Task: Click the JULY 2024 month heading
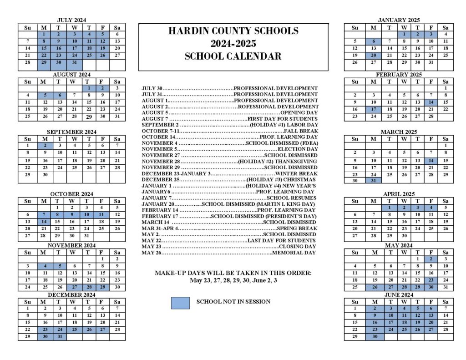coord(72,20)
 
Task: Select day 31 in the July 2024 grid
coord(75,62)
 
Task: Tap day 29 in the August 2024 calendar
coord(89,117)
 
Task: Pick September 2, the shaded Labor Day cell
coord(45,146)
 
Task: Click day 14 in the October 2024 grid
coord(44,222)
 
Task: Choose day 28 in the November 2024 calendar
coord(89,287)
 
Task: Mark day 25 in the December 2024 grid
coord(74,329)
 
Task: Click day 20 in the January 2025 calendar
coord(373,55)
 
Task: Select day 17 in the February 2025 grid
coord(373,109)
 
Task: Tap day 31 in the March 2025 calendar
coord(373,181)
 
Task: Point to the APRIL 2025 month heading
coord(399,194)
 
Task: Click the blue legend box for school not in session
coord(180,303)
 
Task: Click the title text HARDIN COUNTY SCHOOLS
coord(233,31)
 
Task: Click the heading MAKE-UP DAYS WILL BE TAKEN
coord(233,273)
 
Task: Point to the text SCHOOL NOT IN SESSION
coord(233,301)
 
